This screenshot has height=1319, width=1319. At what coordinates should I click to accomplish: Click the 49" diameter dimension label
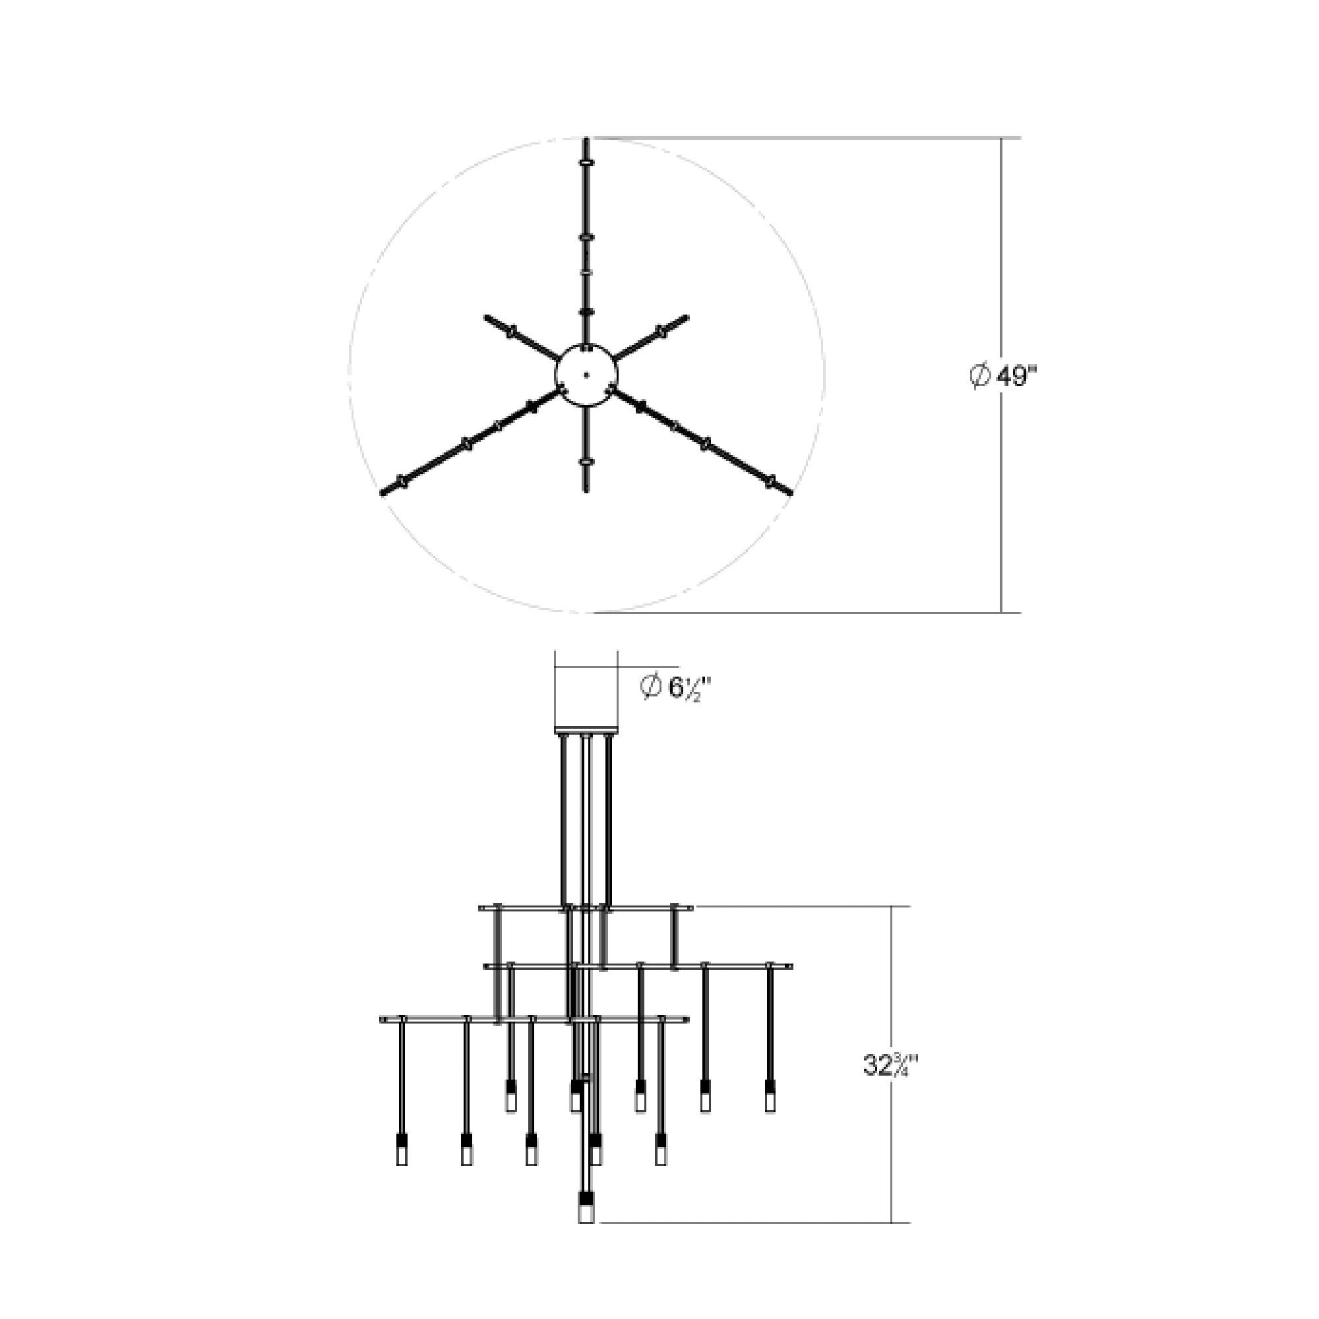pyautogui.click(x=1004, y=376)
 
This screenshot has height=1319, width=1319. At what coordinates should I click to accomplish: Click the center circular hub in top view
pyautogui.click(x=586, y=374)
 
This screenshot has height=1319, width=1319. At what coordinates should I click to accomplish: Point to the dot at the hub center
pyautogui.click(x=586, y=374)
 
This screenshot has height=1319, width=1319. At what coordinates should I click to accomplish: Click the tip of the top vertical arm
pyautogui.click(x=586, y=139)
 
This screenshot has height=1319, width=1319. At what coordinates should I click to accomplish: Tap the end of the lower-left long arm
pyautogui.click(x=383, y=492)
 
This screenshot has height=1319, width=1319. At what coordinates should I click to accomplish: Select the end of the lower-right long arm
pyautogui.click(x=790, y=491)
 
